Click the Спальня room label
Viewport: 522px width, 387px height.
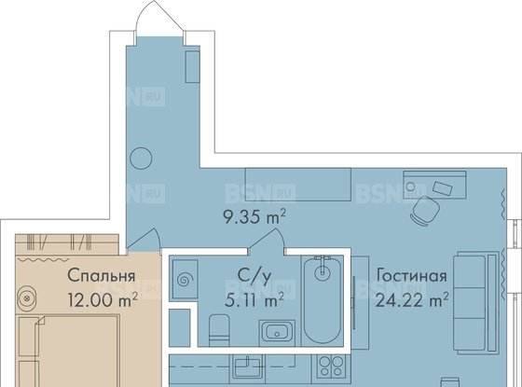click(x=102, y=276)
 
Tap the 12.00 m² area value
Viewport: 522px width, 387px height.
click(x=103, y=299)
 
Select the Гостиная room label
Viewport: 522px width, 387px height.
click(x=411, y=276)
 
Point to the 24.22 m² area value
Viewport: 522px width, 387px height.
click(x=411, y=299)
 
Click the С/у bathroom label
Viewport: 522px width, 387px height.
click(x=254, y=277)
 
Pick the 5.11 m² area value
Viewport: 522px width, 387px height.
click(x=254, y=299)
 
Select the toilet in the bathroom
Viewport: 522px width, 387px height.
click(x=219, y=331)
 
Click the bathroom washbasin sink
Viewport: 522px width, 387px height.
click(x=278, y=331)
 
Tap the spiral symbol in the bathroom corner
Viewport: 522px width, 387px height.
click(x=184, y=280)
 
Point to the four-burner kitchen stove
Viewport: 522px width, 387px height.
click(x=331, y=366)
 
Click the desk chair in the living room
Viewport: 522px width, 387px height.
click(x=422, y=211)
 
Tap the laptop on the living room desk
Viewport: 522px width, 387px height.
click(x=443, y=188)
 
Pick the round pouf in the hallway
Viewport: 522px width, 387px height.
click(x=141, y=159)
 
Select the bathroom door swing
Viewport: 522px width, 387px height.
click(x=268, y=239)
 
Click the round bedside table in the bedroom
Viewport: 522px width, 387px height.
click(x=26, y=297)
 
